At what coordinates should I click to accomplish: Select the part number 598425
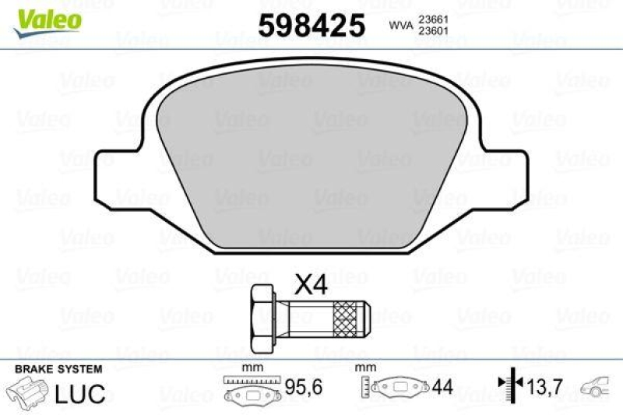311,26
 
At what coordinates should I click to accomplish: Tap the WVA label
400,26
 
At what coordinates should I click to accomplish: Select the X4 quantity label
310,287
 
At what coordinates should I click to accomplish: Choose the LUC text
80,393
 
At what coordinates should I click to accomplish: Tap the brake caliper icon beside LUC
28,392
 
